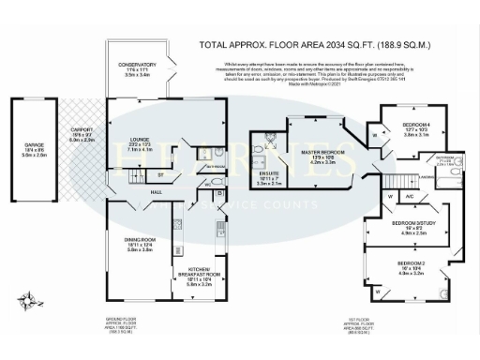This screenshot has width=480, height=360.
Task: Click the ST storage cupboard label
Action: coord(160,175)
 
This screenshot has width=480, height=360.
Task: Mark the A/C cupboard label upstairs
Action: coord(411,196)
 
